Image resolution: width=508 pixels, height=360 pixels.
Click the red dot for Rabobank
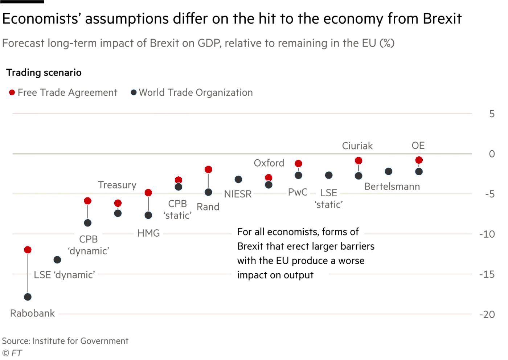28,250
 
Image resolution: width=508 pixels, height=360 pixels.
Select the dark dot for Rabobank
28,296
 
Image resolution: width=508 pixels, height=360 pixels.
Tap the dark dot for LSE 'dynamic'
57,259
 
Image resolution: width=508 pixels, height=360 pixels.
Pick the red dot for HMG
148,192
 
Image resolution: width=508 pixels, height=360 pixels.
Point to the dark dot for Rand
208,192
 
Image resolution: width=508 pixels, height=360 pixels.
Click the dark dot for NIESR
238,179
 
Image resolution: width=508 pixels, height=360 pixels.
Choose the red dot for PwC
298,163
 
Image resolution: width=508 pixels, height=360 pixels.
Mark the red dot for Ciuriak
359,160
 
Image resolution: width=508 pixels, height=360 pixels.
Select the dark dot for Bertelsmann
389,171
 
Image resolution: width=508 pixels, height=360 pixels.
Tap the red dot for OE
419,160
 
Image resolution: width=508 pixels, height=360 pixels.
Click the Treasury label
117,186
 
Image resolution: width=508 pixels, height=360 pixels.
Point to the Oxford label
269,163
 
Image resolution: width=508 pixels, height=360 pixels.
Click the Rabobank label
33,313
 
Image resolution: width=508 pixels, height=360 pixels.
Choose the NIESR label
238,194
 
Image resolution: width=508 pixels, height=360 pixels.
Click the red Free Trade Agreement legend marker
12,93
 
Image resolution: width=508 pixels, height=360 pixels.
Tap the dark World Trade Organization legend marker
134,93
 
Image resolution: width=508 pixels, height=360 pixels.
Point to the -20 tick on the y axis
489,314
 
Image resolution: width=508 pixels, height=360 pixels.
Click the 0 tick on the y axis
492,154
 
